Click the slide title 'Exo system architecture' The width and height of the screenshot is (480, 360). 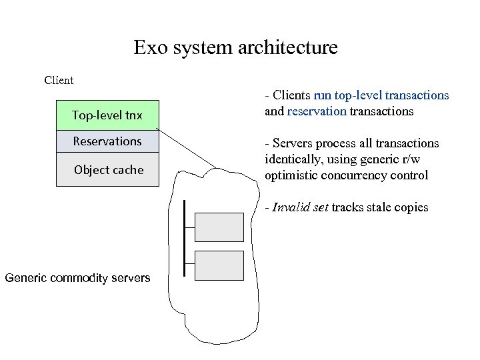coord(235,48)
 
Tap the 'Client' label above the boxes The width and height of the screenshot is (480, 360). coord(59,81)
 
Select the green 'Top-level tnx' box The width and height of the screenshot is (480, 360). coord(107,115)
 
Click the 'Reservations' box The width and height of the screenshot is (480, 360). coord(107,141)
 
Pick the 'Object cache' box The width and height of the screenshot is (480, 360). coord(107,169)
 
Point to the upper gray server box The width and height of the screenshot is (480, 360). coord(219,227)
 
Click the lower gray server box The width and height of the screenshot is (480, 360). coord(219,265)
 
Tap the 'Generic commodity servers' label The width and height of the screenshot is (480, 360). coord(77,278)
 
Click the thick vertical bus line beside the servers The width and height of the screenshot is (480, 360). coord(184,237)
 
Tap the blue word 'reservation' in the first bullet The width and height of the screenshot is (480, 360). coord(317,111)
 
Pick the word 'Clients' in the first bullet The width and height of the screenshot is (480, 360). coord(292,95)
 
